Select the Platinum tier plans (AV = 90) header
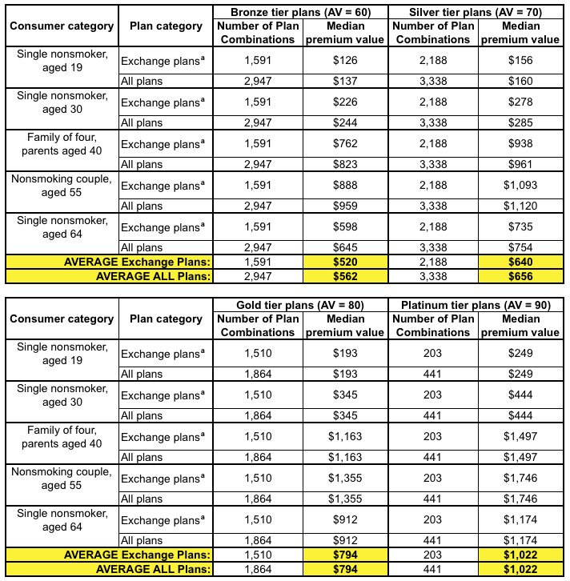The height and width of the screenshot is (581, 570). tap(476, 304)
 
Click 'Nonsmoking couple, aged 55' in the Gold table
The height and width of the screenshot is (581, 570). tap(62, 479)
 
